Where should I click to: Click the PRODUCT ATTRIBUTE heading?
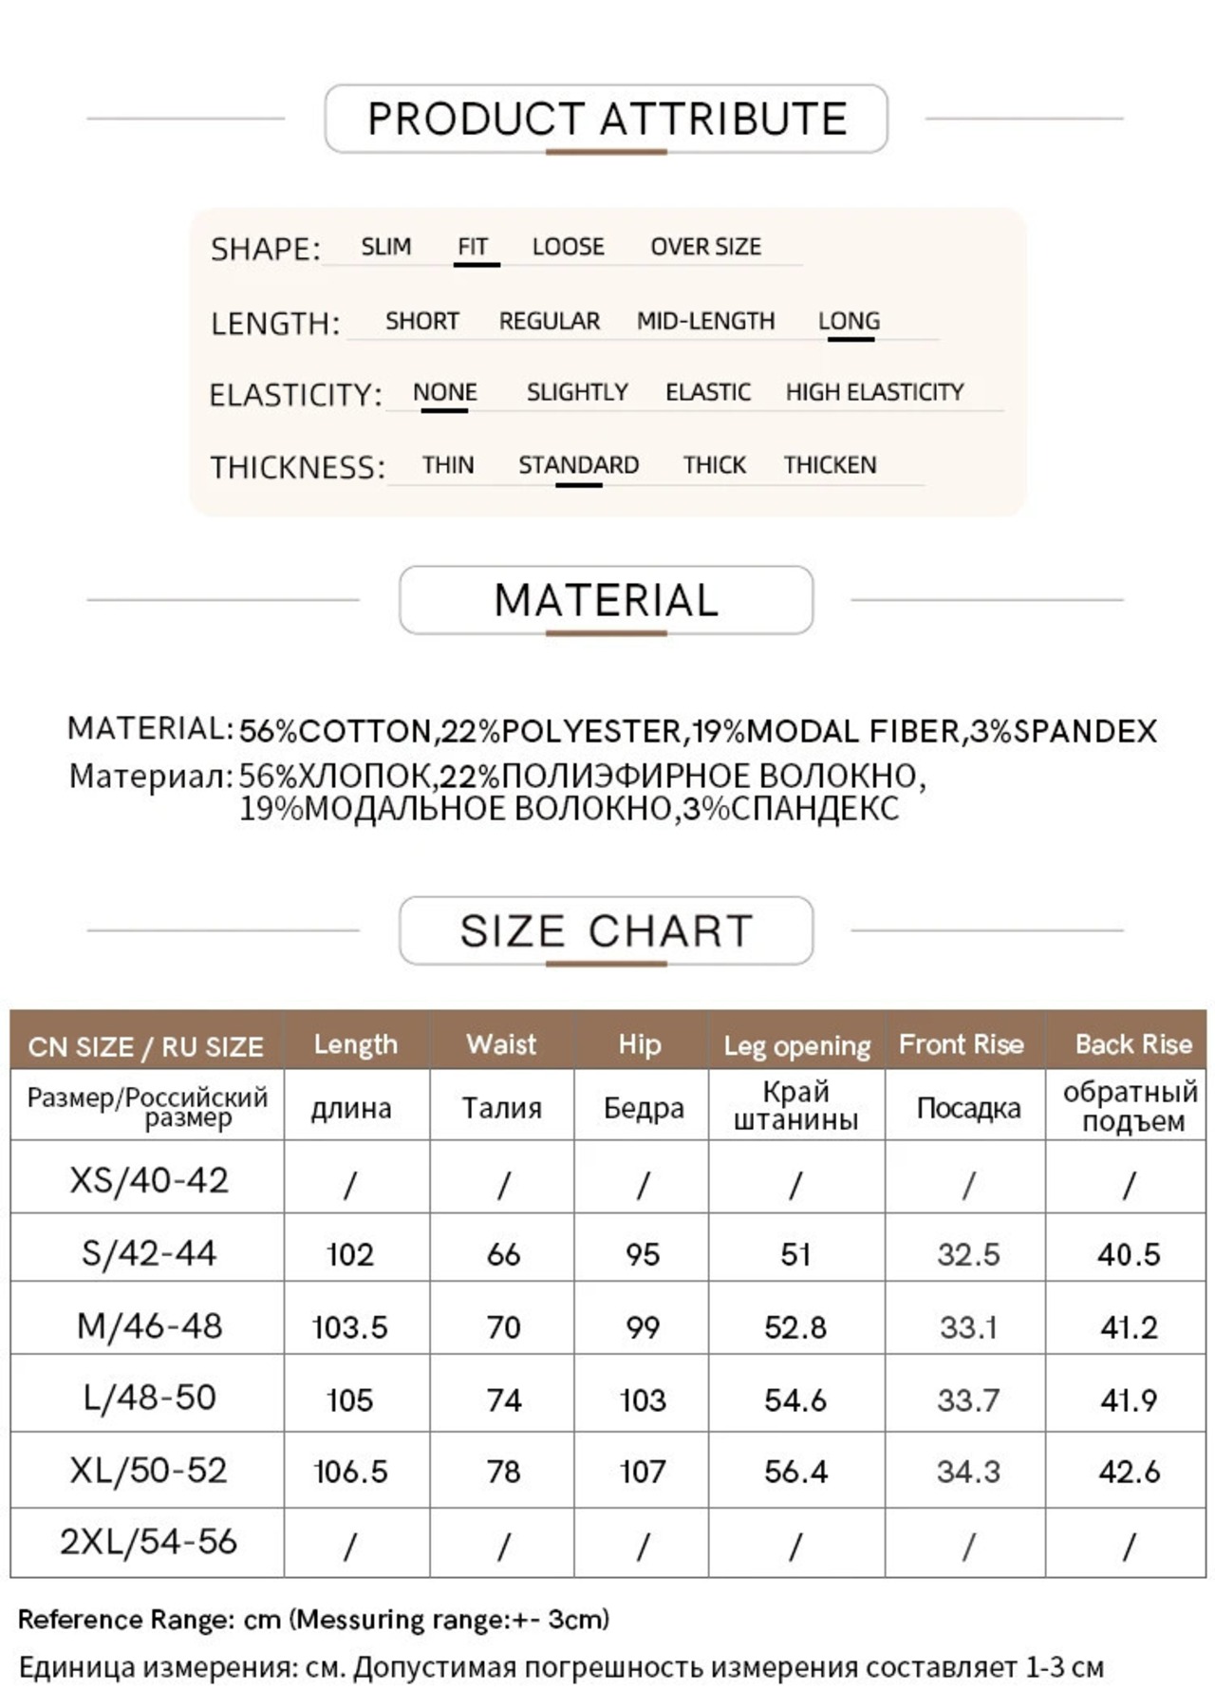click(607, 119)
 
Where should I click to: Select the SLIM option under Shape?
click(385, 247)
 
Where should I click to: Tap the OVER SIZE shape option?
click(705, 247)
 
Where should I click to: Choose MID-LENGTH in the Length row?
click(705, 321)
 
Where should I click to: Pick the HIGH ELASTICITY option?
click(874, 392)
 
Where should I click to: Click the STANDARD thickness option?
click(578, 465)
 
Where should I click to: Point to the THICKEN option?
click(830, 465)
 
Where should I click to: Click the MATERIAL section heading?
click(606, 600)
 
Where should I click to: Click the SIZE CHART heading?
click(606, 930)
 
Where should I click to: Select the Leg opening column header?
click(796, 1045)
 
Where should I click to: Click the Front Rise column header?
click(962, 1044)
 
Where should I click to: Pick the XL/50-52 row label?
click(148, 1471)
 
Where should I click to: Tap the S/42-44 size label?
click(148, 1253)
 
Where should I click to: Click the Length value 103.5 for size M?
click(350, 1326)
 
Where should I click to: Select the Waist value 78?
click(503, 1472)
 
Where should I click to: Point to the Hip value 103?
click(643, 1399)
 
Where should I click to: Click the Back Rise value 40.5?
click(1129, 1254)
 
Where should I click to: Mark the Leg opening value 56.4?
click(795, 1472)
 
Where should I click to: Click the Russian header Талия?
click(501, 1108)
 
